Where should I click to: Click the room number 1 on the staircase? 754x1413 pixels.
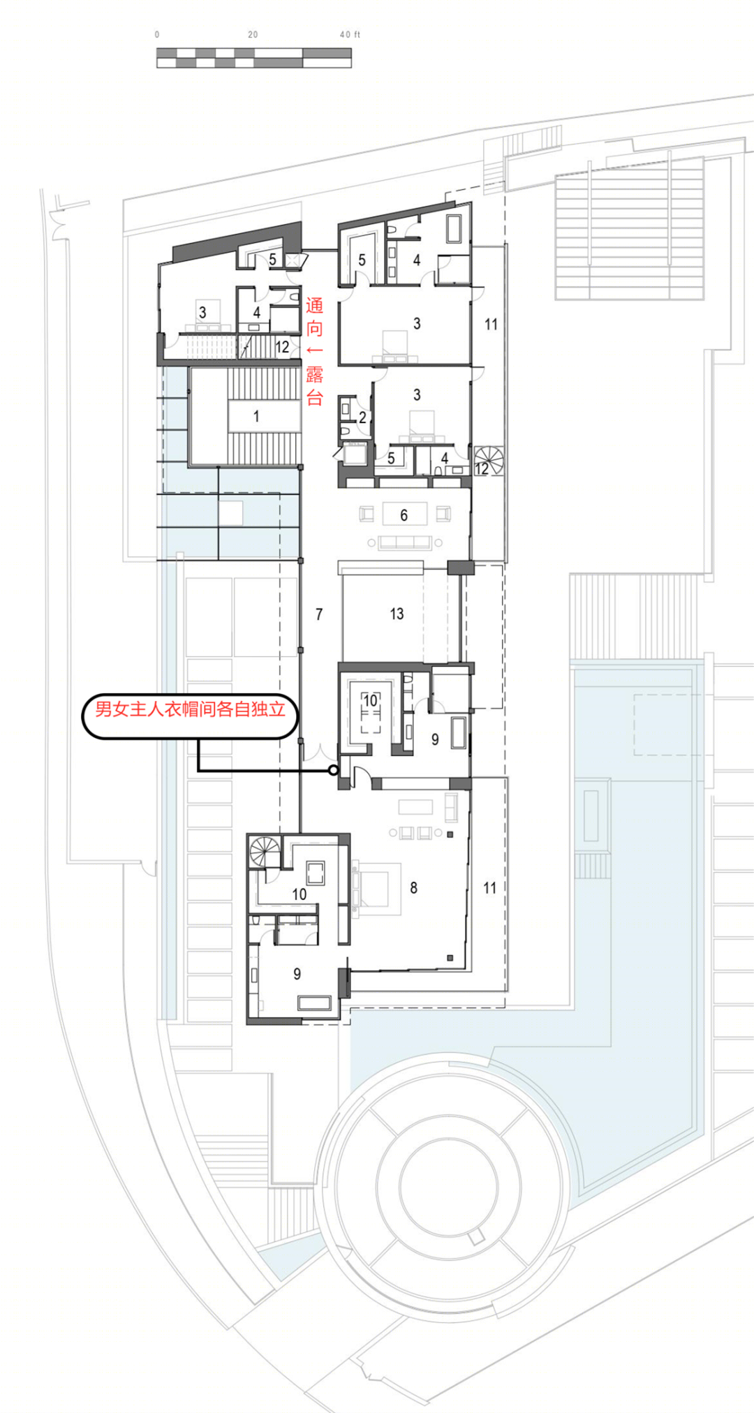[x=256, y=416]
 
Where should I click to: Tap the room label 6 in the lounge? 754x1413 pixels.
[x=404, y=515]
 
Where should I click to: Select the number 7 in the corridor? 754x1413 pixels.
[x=319, y=614]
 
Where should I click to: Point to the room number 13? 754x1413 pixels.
[x=397, y=614]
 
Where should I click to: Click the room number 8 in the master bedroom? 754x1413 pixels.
[x=413, y=887]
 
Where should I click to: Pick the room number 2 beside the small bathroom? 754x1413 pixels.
[x=362, y=417]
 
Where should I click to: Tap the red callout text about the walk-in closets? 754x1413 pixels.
[x=190, y=709]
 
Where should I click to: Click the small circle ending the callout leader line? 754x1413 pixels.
[x=334, y=770]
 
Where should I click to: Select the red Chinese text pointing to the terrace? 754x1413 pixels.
[x=314, y=351]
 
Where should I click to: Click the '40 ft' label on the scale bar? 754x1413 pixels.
[x=350, y=34]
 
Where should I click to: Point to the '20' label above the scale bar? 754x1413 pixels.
[x=253, y=34]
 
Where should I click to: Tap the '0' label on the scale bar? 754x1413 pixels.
[x=157, y=34]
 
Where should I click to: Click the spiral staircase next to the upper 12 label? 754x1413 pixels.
[x=489, y=460]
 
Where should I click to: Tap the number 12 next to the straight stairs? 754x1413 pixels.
[x=282, y=347]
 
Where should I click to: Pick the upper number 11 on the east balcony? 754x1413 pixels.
[x=491, y=324]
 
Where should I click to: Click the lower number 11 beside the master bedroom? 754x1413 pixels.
[x=489, y=887]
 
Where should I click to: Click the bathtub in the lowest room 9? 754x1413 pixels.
[x=314, y=1004]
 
